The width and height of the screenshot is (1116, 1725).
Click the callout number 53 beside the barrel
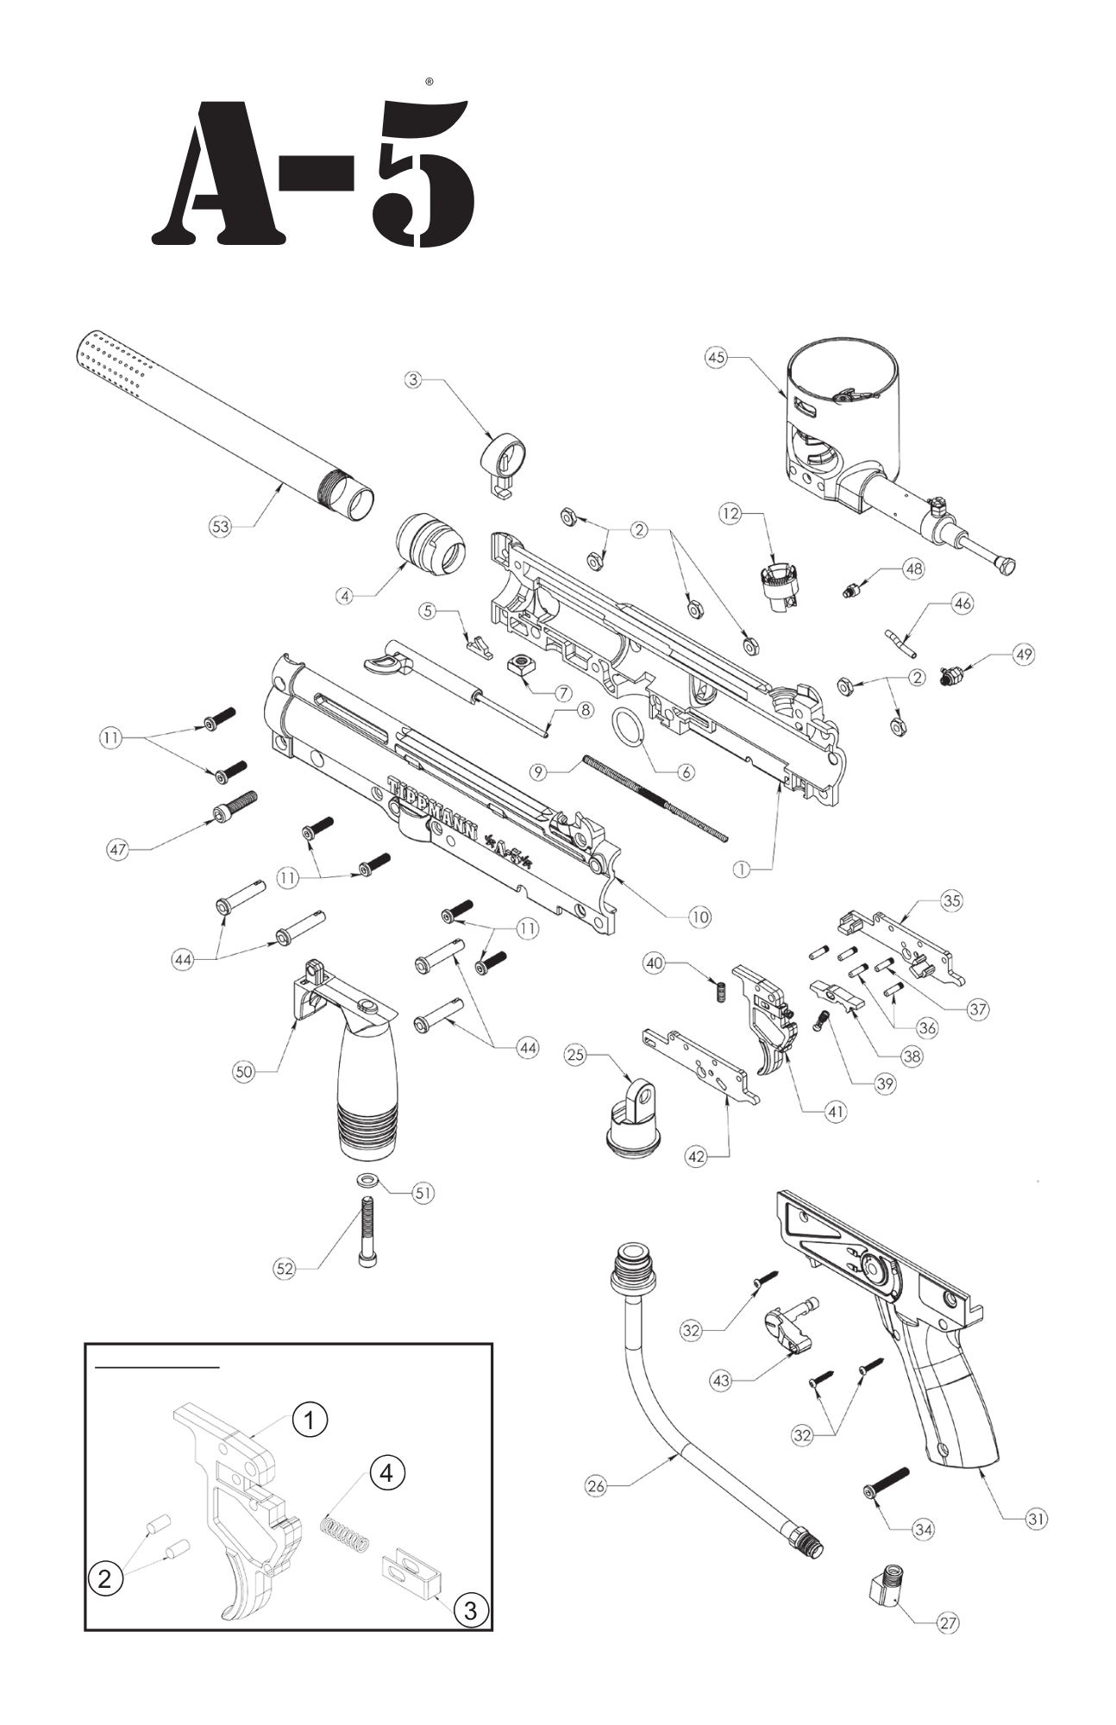(x=221, y=526)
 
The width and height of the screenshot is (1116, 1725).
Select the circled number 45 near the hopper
(x=716, y=357)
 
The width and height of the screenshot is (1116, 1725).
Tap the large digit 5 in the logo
(x=423, y=172)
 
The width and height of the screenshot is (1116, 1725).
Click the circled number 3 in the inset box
(x=470, y=1609)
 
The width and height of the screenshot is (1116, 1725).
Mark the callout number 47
(x=117, y=850)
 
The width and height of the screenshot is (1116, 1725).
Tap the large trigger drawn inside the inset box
(x=246, y=1518)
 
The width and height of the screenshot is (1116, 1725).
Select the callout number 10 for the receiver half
(x=699, y=917)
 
